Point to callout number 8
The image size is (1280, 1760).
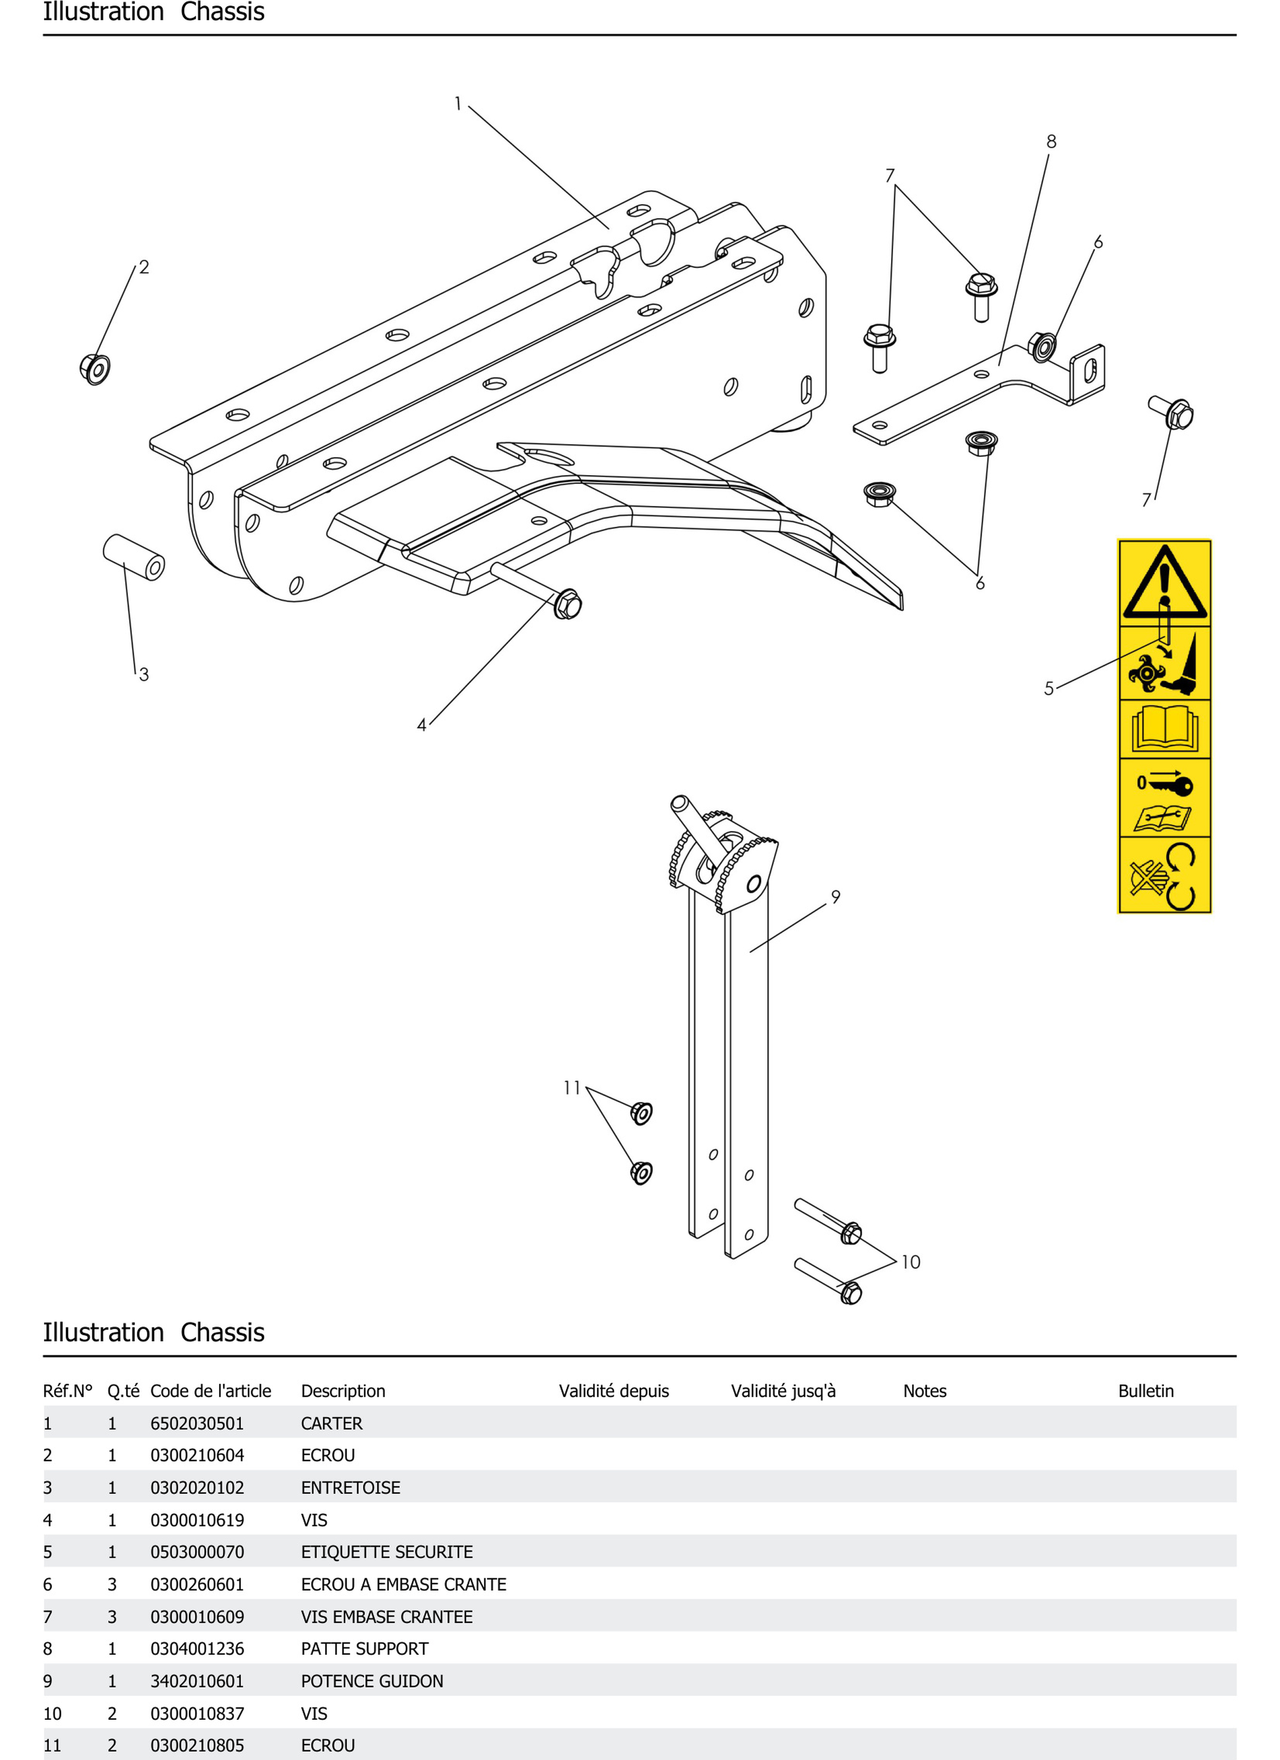pos(1051,141)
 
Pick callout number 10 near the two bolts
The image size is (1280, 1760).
pos(911,1262)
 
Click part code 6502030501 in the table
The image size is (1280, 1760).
pos(197,1423)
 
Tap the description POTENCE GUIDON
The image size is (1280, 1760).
pos(372,1681)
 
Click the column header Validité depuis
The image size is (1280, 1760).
pos(613,1390)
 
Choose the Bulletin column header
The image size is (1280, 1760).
pos(1146,1390)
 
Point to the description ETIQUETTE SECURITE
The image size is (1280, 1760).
pos(386,1552)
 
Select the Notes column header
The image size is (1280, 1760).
pos(925,1390)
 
